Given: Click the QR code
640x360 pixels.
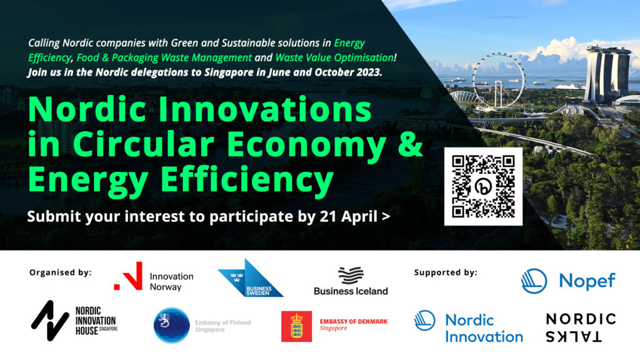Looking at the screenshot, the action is coord(483,186).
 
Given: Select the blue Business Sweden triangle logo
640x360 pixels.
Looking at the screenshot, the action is coord(250,277).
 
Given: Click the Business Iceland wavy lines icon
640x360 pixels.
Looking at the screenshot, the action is coord(351,276).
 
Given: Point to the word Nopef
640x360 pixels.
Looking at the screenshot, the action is coord(587,281).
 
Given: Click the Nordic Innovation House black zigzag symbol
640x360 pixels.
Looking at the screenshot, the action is coord(50,321).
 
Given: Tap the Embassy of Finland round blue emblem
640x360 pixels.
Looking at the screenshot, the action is coord(171,325).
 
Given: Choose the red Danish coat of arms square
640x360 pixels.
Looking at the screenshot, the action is coord(296,326).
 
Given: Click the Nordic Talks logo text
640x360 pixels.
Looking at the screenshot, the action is coord(581,327).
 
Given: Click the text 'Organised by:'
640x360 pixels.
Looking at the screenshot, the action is coord(61,272).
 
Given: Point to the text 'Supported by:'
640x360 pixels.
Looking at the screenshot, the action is coord(445,272).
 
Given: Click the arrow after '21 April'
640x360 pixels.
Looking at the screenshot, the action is coord(386,216).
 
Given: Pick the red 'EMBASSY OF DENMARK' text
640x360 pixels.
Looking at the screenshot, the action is coord(354,322).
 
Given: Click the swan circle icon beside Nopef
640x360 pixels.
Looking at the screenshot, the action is coord(534,281).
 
